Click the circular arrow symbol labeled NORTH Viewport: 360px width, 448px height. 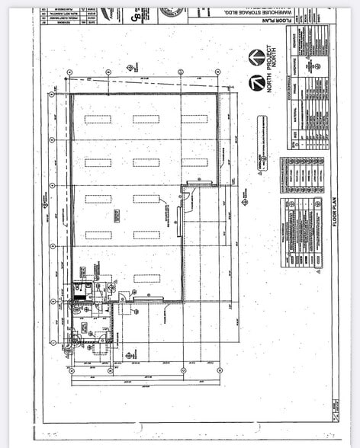(257, 57)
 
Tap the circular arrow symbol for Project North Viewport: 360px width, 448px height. (257, 82)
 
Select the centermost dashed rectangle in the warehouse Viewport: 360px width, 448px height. (146, 199)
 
